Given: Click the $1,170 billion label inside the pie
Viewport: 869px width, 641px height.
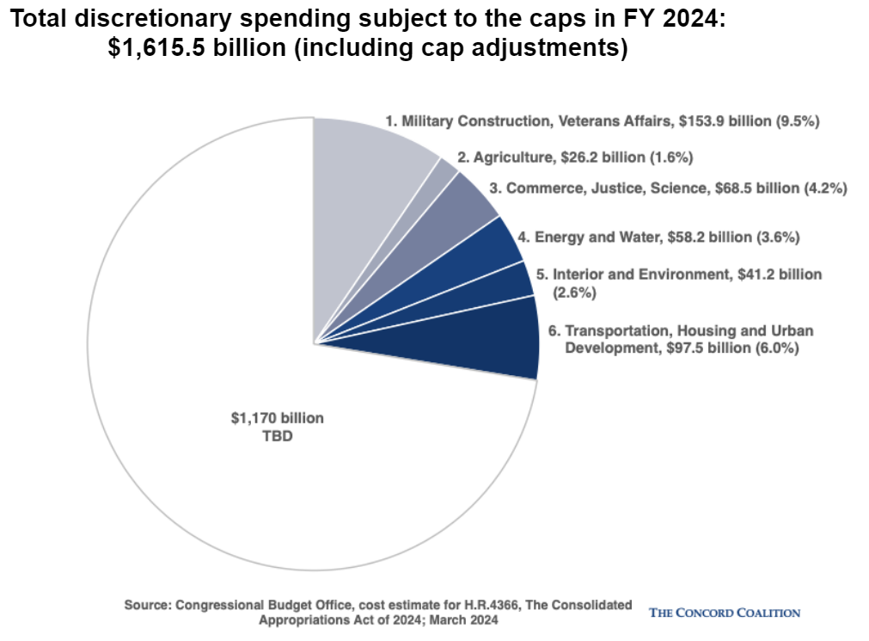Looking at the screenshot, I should coord(277,418).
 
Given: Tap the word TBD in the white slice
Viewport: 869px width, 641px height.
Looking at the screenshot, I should coord(277,435).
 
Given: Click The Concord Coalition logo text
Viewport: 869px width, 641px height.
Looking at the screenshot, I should coord(725,613).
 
